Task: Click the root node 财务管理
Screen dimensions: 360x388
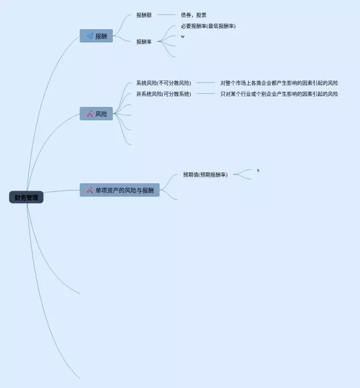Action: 26,197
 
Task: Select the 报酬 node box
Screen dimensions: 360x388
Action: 96,36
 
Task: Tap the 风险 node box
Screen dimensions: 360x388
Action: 96,114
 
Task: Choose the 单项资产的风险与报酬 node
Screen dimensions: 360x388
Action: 120,190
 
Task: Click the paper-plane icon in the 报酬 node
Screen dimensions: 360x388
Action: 89,36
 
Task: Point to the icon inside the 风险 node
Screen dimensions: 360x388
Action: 89,114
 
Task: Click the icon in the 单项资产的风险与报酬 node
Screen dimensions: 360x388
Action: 89,190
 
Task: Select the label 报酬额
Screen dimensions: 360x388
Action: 144,15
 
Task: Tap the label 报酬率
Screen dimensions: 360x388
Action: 144,42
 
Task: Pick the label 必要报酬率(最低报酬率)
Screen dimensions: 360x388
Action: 208,26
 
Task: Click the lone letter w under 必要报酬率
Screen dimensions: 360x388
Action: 182,37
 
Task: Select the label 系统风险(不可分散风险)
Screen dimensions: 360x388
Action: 163,83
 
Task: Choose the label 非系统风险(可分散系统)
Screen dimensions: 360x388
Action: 163,94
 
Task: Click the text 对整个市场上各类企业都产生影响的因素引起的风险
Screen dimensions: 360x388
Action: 279,83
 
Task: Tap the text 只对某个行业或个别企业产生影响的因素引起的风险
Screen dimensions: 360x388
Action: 279,94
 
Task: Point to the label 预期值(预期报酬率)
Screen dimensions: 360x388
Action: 205,175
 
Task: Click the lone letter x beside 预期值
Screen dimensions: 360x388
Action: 258,170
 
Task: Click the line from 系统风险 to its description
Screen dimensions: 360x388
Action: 206,83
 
